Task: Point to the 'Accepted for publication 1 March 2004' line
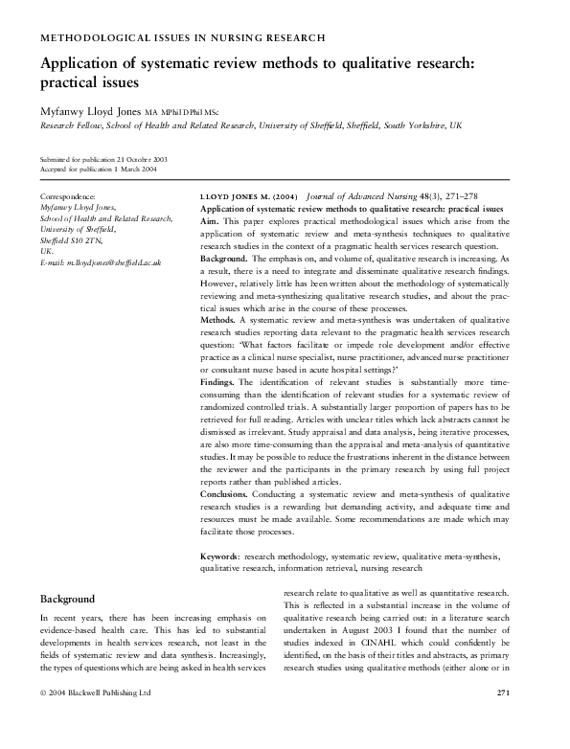pos(90,169)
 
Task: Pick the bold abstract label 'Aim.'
pos(210,219)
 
